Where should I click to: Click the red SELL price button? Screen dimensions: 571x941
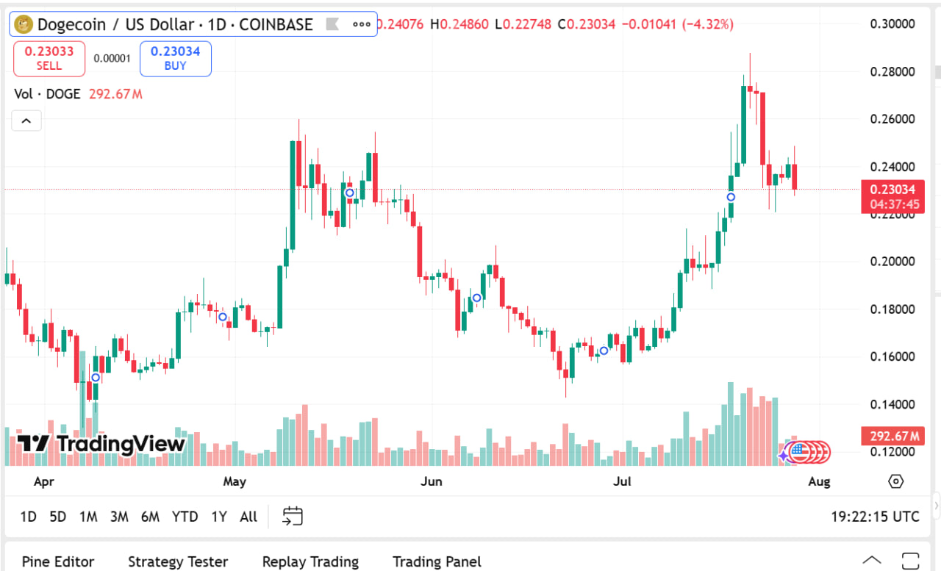(49, 59)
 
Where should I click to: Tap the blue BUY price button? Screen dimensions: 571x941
(176, 59)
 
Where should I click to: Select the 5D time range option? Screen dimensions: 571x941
(57, 517)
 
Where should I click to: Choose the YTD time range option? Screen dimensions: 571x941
(185, 517)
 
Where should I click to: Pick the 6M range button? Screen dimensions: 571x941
(150, 517)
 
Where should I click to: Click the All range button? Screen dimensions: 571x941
(248, 517)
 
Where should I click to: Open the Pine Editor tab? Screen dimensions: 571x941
(58, 561)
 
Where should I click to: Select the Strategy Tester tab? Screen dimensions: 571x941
(178, 561)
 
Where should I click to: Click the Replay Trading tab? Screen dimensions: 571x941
(310, 561)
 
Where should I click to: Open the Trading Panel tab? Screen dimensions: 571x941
(437, 561)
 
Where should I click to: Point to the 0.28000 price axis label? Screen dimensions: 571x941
(892, 71)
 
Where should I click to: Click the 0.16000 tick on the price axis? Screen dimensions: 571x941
(892, 356)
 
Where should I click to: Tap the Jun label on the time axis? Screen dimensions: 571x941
(432, 481)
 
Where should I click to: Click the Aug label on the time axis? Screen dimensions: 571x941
(819, 481)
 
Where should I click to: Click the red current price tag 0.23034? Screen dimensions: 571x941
(892, 190)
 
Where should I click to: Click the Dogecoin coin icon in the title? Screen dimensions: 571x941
(24, 24)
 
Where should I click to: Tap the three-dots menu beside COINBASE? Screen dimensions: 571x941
(362, 24)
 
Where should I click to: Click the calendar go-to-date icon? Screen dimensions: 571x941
(293, 516)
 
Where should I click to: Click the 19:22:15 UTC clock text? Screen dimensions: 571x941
(875, 517)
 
